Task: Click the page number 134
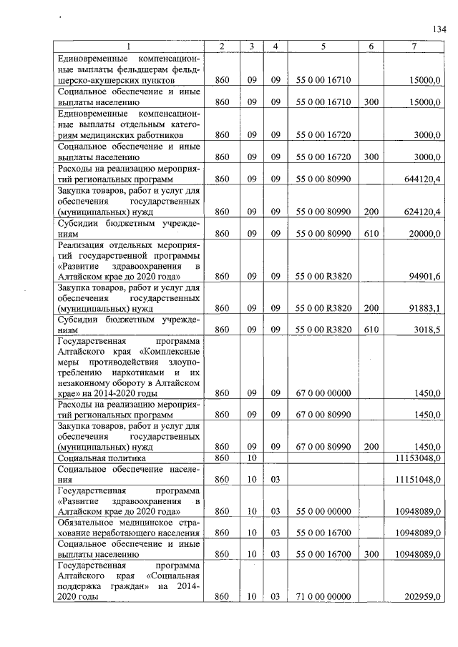click(439, 29)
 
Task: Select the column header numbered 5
click(323, 46)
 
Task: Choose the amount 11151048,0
click(418, 479)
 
